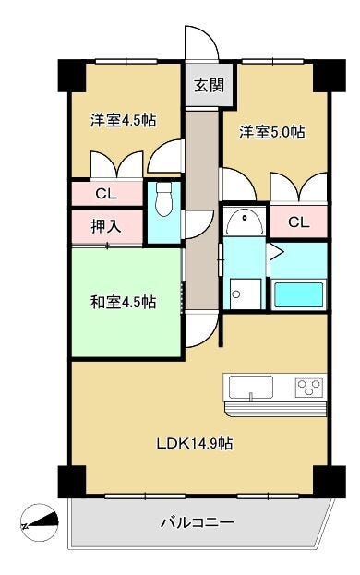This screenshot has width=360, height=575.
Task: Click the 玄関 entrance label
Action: pyautogui.click(x=209, y=86)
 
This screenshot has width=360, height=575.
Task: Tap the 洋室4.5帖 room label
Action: pyautogui.click(x=123, y=120)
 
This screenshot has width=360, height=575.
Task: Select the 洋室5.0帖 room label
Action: pyautogui.click(x=272, y=132)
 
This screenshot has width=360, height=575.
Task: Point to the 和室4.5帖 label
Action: pyautogui.click(x=123, y=302)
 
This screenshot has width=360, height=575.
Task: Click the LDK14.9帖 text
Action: pyautogui.click(x=194, y=444)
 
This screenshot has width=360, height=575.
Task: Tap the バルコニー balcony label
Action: pyautogui.click(x=197, y=521)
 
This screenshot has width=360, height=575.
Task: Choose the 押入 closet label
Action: pyautogui.click(x=106, y=227)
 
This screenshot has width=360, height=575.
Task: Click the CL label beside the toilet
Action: pyautogui.click(x=106, y=194)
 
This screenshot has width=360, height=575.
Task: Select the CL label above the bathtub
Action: pyautogui.click(x=298, y=222)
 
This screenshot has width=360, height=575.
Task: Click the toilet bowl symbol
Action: pyautogui.click(x=163, y=199)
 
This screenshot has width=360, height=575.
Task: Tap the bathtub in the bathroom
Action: pyautogui.click(x=299, y=294)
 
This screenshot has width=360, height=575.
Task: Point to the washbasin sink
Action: pyautogui.click(x=245, y=222)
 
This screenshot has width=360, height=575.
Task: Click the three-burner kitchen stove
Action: pyautogui.click(x=310, y=388)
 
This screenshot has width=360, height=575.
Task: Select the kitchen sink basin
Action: pyautogui.click(x=251, y=388)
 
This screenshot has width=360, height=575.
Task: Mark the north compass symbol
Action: pyautogui.click(x=40, y=522)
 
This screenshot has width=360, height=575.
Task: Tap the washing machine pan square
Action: pyautogui.click(x=246, y=293)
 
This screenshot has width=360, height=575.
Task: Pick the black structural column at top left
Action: pyautogui.click(x=72, y=76)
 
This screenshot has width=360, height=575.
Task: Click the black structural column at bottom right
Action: pyautogui.click(x=330, y=482)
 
